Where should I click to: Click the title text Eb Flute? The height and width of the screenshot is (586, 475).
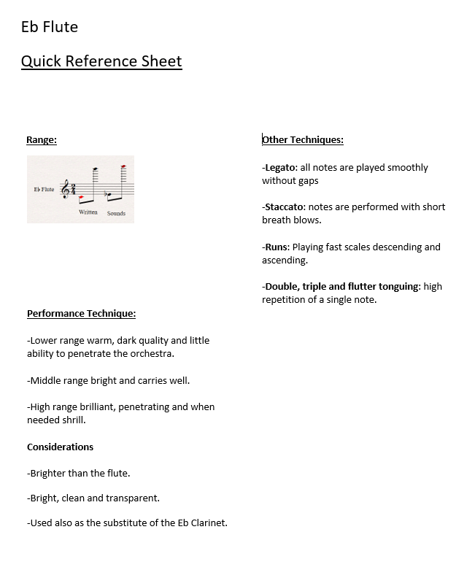click(50, 27)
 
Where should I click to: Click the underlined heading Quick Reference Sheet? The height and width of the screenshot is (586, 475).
click(101, 61)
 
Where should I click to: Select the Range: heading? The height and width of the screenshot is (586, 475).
click(42, 140)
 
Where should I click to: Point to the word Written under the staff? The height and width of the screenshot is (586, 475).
click(88, 212)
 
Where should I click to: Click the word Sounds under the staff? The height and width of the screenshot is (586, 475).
click(116, 213)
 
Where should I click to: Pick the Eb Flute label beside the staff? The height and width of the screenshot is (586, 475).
click(44, 190)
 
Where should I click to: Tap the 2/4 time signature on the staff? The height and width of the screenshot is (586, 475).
click(74, 190)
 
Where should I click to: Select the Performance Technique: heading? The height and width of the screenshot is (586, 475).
click(81, 314)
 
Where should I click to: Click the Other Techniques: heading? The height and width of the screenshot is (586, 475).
click(303, 140)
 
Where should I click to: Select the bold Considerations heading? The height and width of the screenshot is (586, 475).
click(60, 447)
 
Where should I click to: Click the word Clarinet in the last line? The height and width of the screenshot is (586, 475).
click(208, 523)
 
